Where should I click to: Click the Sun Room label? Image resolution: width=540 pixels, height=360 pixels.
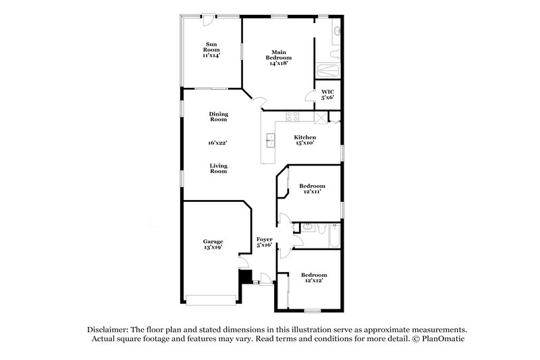point(212,50)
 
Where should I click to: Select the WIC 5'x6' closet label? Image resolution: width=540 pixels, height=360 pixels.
point(327,95)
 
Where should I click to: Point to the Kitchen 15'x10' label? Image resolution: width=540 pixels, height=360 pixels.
point(304,140)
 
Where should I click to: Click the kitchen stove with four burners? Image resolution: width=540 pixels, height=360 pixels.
point(292,115)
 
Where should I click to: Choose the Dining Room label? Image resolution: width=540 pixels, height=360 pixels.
point(217,116)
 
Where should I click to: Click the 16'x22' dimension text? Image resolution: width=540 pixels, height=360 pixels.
point(217,143)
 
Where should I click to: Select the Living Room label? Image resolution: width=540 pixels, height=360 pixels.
point(217,168)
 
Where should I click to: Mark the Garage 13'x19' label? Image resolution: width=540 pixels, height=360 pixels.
point(213,245)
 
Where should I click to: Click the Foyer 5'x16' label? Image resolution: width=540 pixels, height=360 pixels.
point(264,242)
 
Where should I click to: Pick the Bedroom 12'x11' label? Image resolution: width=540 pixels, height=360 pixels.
point(313,188)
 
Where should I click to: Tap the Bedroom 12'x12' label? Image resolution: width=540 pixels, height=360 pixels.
point(314,278)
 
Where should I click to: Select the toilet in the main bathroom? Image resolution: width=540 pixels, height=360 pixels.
point(333,53)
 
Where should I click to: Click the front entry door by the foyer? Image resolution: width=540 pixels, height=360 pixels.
point(266,279)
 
